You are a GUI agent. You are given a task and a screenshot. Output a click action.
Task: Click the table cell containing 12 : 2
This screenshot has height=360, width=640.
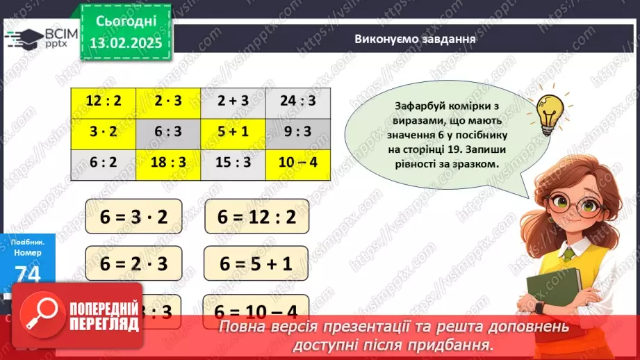click(x=104, y=101)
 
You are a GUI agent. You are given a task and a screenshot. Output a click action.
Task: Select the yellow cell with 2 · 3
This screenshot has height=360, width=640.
click(x=169, y=101)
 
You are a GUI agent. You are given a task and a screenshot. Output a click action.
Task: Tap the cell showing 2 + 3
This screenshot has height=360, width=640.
click(x=233, y=101)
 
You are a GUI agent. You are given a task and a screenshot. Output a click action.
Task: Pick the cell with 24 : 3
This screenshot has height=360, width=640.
click(x=298, y=101)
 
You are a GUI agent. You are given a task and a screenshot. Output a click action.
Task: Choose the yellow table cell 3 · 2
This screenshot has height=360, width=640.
click(x=104, y=132)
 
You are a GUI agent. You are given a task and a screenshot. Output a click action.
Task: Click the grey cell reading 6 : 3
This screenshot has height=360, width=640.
click(x=169, y=132)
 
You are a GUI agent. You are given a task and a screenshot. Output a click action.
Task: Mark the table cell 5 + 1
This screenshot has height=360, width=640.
click(x=233, y=132)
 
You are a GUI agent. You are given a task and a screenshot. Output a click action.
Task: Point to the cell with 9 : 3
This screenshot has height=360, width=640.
click(x=298, y=132)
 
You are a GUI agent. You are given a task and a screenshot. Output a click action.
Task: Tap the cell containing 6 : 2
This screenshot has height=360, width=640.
click(x=104, y=163)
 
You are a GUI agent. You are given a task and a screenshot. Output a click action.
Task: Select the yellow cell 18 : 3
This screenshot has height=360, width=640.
click(x=169, y=163)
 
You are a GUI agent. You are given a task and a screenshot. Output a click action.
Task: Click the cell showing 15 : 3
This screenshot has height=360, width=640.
click(x=233, y=163)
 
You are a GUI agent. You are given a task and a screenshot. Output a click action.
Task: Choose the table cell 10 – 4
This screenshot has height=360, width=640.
click(x=298, y=163)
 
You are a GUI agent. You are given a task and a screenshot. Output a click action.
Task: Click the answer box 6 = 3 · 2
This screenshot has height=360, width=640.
click(x=133, y=216)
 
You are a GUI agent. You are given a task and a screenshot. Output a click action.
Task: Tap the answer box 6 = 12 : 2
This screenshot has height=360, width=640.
click(x=257, y=216)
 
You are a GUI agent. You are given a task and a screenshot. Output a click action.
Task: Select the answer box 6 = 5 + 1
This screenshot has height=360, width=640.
click(x=256, y=263)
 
